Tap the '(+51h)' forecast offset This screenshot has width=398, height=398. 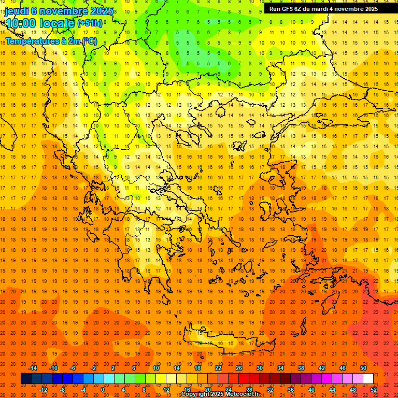click(x=90, y=23)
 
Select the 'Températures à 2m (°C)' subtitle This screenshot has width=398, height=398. click(x=51, y=41)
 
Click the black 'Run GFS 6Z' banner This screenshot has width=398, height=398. click(x=323, y=9)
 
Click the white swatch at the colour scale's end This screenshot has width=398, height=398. click(x=368, y=379)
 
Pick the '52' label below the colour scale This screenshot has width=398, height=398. click(x=374, y=390)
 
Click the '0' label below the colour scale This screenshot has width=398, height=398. click(x=103, y=390)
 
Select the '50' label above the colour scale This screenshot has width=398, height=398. click(x=363, y=368)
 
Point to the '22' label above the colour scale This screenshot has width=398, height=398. click(x=218, y=368)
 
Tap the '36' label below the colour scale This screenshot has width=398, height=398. click(x=291, y=390)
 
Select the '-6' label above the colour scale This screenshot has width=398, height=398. click(x=74, y=368)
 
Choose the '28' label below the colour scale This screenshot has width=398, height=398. click(x=249, y=390)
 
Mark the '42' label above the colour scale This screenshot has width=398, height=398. click(x=322, y=368)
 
